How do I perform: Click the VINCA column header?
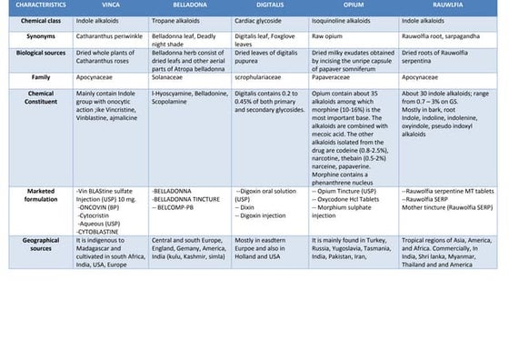point(111,5)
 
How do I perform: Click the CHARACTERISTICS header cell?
point(41,5)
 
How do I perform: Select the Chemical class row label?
point(41,19)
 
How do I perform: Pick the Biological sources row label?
point(41,53)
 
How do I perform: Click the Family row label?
point(41,78)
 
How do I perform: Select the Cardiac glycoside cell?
point(262,19)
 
